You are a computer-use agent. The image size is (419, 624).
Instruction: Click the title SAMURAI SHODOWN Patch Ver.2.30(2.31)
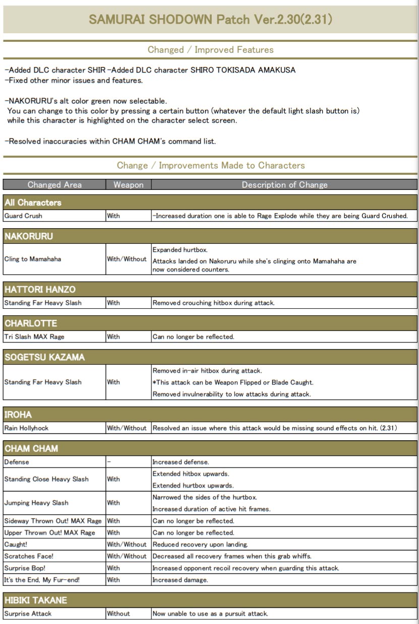(210, 20)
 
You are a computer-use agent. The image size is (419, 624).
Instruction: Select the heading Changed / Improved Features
(210, 50)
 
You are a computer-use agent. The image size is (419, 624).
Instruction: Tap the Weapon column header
(129, 185)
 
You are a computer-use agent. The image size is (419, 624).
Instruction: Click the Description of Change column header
(284, 185)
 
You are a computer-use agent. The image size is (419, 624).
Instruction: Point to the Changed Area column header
(54, 185)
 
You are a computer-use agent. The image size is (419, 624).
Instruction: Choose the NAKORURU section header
(29, 236)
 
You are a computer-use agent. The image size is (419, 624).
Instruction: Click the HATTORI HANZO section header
(40, 290)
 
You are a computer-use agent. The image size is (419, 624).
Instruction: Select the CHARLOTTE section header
(31, 323)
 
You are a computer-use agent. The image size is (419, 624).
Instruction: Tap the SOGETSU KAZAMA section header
(44, 357)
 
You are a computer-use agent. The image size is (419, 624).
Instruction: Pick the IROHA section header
(18, 414)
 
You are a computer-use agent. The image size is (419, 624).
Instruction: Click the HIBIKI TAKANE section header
(36, 600)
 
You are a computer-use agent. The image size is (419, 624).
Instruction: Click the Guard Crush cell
(23, 216)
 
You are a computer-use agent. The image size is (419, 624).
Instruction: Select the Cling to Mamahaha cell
(32, 259)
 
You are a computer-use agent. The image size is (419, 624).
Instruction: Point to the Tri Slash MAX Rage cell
(35, 337)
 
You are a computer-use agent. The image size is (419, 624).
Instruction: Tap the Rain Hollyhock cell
(27, 428)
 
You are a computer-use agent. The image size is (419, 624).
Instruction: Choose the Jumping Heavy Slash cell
(36, 503)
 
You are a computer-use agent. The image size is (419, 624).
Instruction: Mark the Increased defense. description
(181, 462)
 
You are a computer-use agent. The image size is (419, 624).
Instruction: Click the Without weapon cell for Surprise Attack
(118, 614)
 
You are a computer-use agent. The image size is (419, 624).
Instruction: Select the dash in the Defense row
(108, 462)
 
